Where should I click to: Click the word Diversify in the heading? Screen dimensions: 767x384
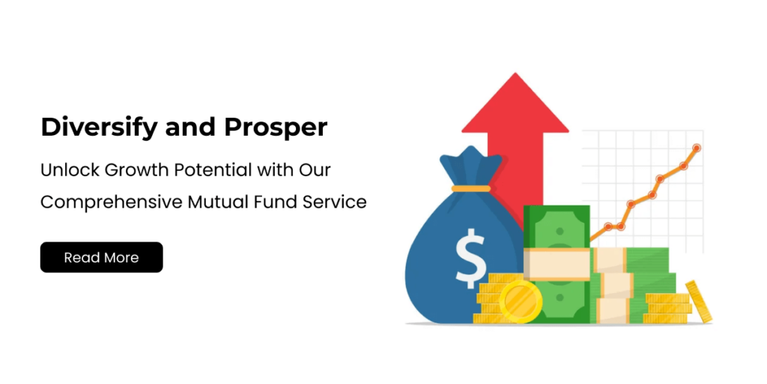(100, 127)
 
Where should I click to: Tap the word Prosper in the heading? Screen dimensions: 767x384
(276, 128)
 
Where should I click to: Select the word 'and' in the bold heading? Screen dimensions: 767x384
(191, 127)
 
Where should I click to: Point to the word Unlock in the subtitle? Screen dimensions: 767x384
(70, 170)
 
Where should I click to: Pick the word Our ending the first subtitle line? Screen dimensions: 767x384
(314, 170)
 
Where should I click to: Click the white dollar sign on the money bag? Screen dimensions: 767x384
(470, 259)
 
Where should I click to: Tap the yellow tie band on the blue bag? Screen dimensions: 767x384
(470, 188)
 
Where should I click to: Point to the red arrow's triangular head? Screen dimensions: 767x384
(515, 105)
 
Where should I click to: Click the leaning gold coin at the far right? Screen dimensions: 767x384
(699, 301)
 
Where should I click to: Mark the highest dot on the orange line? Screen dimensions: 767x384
(697, 148)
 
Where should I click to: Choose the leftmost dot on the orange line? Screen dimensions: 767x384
(608, 226)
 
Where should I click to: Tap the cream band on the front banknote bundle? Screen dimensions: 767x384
(557, 264)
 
